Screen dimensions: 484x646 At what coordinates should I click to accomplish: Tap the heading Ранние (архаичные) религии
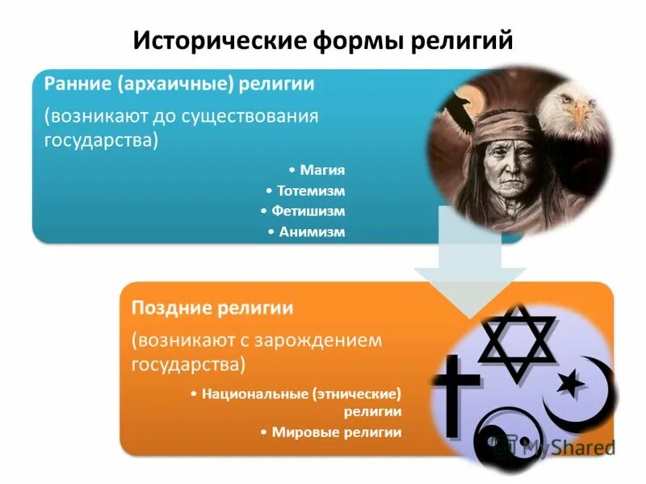pyautogui.click(x=179, y=84)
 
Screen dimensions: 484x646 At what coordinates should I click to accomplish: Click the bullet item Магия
pyautogui.click(x=321, y=170)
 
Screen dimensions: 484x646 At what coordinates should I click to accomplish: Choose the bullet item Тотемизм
pyautogui.click(x=310, y=191)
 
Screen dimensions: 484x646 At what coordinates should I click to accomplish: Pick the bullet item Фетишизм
pyautogui.click(x=308, y=211)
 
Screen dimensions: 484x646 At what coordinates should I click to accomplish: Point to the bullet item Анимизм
pyautogui.click(x=311, y=232)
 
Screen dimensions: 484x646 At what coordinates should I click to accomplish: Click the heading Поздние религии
pyautogui.click(x=212, y=308)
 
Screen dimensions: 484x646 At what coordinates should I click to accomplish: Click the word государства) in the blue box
pyautogui.click(x=101, y=139)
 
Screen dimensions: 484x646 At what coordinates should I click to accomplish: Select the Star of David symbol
pyautogui.click(x=517, y=340)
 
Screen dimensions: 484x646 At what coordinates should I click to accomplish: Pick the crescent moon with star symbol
pyautogui.click(x=578, y=387)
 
